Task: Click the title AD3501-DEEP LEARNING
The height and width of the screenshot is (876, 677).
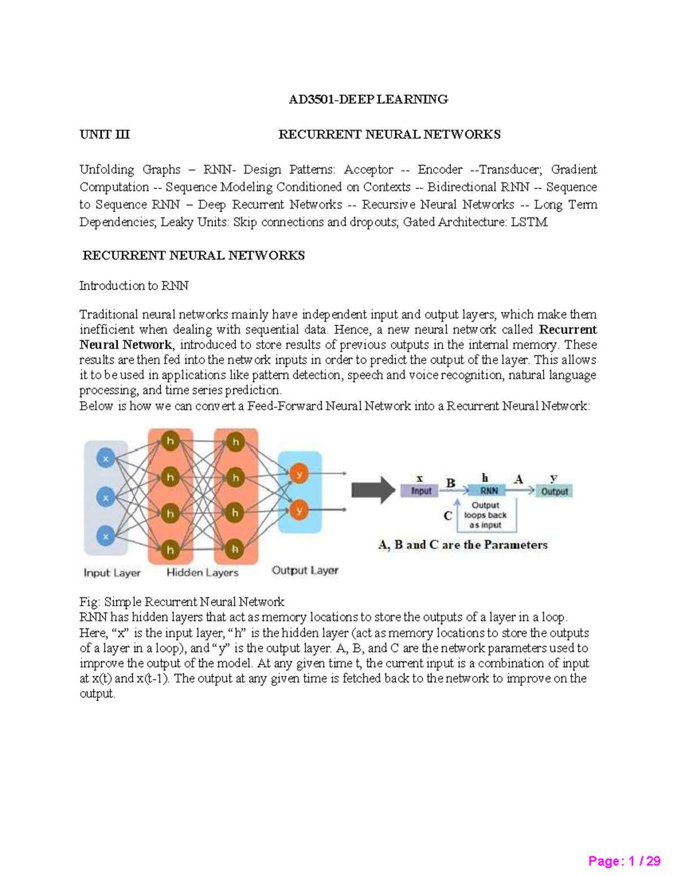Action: [368, 99]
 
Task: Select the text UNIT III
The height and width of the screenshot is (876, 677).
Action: [104, 134]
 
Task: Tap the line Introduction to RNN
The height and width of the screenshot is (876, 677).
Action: [134, 286]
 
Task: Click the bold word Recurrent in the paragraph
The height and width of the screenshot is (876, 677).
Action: [568, 329]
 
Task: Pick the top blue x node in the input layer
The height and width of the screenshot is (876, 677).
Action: [105, 459]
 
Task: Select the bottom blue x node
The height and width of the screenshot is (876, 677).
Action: [105, 536]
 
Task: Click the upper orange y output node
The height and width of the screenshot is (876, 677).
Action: [299, 474]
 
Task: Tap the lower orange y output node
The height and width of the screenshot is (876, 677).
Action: [299, 511]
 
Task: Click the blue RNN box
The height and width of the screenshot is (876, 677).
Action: [489, 491]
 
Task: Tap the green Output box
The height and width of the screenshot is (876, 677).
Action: [554, 491]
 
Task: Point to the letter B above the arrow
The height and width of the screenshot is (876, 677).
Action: [450, 483]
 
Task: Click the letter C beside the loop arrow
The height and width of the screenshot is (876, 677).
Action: [447, 516]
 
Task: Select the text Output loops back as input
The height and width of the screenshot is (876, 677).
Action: [485, 515]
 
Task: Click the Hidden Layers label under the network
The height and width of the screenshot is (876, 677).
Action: [202, 573]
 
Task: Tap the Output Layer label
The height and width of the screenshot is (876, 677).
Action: [305, 570]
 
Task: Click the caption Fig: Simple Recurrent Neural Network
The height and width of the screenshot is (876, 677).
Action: [182, 602]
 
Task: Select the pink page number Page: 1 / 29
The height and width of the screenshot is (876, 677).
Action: [624, 861]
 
